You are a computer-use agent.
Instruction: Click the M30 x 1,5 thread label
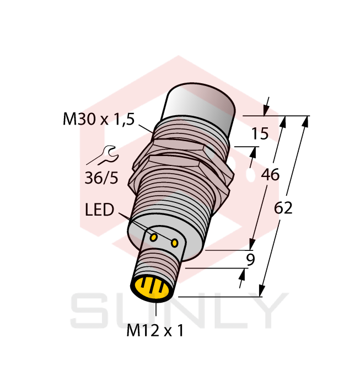tap(99, 119)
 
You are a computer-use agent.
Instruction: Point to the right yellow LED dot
tap(175, 243)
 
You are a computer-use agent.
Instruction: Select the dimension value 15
tap(260, 133)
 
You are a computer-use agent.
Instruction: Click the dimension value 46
tap(270, 175)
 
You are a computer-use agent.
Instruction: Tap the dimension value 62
tap(283, 208)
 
